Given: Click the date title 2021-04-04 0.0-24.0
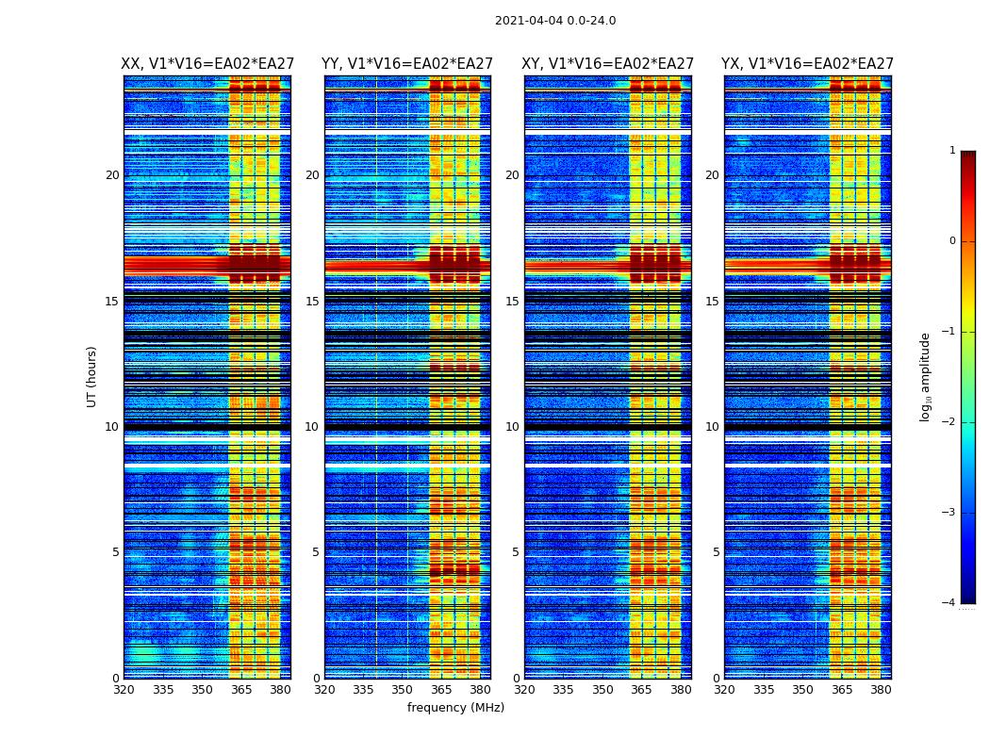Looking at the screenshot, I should [555, 21].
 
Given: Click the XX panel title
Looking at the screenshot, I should [206, 64].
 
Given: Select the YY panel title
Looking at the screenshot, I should [407, 64].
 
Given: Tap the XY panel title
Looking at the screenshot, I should [607, 64].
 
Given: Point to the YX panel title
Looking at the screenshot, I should [807, 64].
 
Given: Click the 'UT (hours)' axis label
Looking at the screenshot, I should [92, 376].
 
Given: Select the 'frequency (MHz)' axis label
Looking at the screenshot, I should [455, 708].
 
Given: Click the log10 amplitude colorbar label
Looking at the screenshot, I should [926, 376].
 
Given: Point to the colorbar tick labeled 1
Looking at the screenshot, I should [952, 151].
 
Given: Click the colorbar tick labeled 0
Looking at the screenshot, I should [952, 241].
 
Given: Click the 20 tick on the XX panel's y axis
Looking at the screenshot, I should [112, 175].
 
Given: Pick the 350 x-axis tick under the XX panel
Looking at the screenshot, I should [202, 690].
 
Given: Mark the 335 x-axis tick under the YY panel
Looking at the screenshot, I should [363, 690].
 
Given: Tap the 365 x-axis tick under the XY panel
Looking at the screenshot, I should [641, 690].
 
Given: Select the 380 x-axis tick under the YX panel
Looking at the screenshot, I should [881, 690].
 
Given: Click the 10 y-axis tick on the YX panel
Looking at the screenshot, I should [712, 427].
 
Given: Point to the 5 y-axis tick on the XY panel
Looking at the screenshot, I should [515, 552].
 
